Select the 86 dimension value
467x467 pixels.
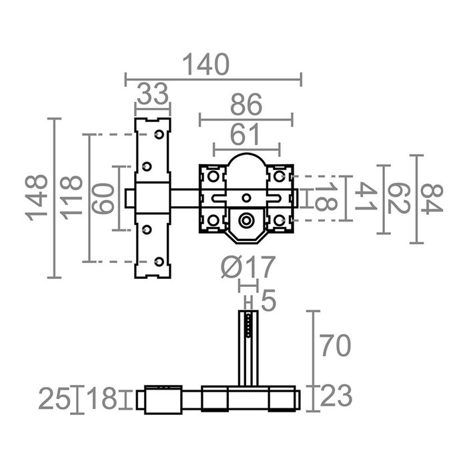(246, 105)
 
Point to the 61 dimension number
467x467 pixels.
(246, 135)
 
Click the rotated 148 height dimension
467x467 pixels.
(36, 198)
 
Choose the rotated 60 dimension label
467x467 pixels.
(102, 198)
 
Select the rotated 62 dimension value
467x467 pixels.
(397, 198)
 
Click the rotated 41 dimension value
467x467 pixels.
(362, 198)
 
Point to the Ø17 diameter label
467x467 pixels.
(247, 268)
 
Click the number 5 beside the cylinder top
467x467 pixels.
(269, 302)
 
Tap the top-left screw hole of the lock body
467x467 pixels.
(213, 176)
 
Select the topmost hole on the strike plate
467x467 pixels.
(159, 135)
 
